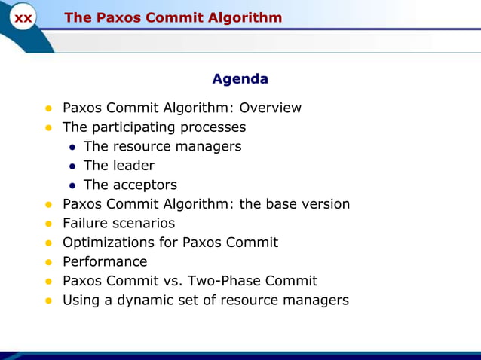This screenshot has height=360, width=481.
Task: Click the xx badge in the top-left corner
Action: tap(23, 18)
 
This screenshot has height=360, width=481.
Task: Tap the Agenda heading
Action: tap(240, 79)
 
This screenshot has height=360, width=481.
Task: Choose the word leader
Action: tap(133, 166)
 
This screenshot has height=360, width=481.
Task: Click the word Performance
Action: tap(105, 262)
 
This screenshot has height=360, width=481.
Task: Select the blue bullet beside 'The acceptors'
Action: tap(72, 185)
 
